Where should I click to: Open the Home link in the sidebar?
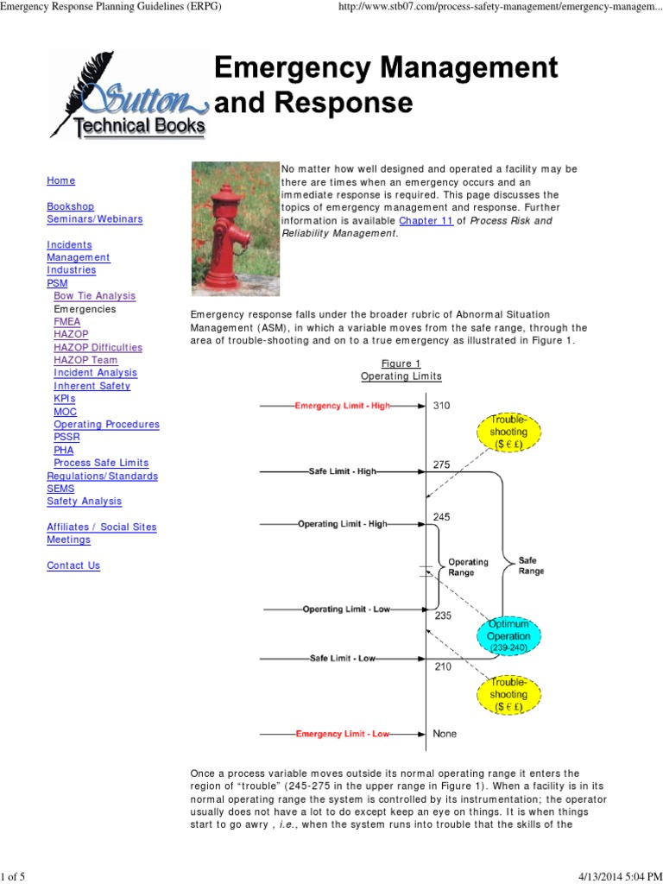(x=61, y=180)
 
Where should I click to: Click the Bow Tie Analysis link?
(x=95, y=295)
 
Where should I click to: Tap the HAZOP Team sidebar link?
(x=85, y=360)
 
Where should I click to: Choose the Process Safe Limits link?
(x=101, y=463)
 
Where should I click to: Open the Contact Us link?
(x=73, y=565)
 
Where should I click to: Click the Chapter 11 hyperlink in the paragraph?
(x=438, y=220)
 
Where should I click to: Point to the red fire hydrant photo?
(x=234, y=228)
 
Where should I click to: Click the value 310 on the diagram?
(x=441, y=406)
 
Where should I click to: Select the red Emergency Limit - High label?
(x=342, y=406)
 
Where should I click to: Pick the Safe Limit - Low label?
(x=343, y=659)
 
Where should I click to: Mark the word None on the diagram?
(x=445, y=734)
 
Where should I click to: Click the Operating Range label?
(x=468, y=567)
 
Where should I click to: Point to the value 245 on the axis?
(x=441, y=517)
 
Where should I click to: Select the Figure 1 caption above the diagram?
(x=401, y=363)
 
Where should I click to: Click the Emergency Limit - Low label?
(x=343, y=735)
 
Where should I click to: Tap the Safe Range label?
(x=531, y=565)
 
